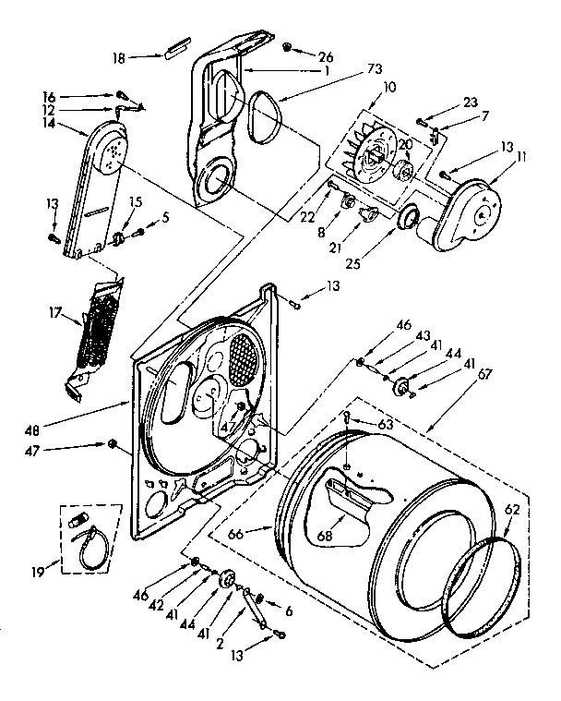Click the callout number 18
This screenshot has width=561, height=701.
click(x=118, y=57)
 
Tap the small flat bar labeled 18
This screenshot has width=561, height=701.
click(x=176, y=47)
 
